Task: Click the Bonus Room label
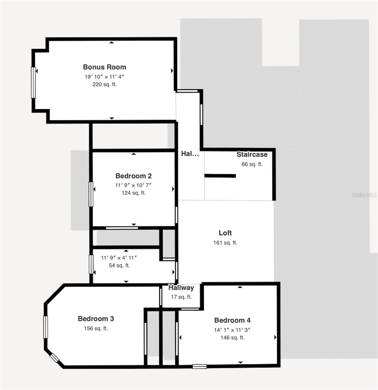coord(104,67)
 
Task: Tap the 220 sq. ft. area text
coord(104,84)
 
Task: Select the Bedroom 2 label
coord(133,176)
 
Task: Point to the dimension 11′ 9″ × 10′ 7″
coord(133,185)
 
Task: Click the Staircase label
coord(252,154)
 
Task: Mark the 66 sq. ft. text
coord(252,164)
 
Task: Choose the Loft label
coord(225,233)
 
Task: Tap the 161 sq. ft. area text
coord(225,242)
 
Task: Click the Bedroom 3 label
coord(96,318)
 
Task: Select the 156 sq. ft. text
coord(96,328)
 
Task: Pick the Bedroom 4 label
coord(232,320)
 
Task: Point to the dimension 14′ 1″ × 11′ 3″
coord(232,330)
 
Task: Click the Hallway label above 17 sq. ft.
coord(181,288)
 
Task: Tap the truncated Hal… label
coord(190,154)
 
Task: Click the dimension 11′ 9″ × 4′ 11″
coord(119,258)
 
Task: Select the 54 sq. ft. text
coord(119,265)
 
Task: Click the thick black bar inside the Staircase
coord(220,176)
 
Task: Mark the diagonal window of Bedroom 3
coord(55,358)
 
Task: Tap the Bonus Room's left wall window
coord(33,82)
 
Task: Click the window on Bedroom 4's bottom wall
coord(199,367)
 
